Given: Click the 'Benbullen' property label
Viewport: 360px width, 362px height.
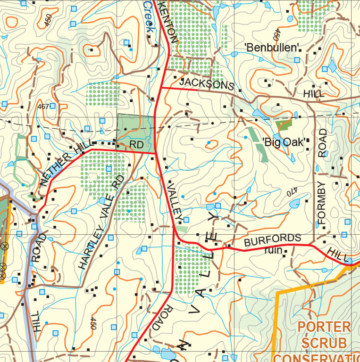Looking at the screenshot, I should [273, 47].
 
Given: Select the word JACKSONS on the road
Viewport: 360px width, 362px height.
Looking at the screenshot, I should [207, 83].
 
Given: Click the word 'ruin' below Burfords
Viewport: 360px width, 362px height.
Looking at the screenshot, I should [273, 251].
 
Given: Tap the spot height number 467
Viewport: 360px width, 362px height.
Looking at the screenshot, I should [43, 107].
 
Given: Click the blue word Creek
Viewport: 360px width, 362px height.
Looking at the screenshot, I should [149, 16].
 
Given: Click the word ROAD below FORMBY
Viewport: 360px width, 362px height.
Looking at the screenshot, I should [322, 143].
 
